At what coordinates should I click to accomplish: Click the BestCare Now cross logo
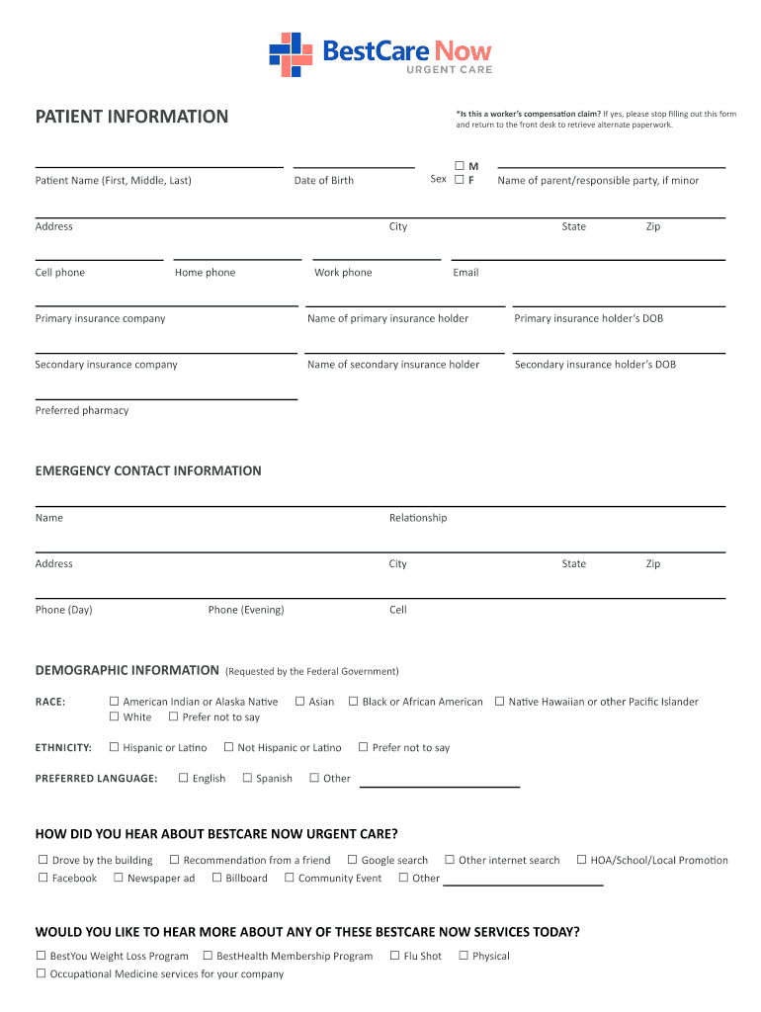(x=292, y=54)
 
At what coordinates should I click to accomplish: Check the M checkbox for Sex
(x=459, y=165)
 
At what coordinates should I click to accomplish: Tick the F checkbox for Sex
(x=459, y=180)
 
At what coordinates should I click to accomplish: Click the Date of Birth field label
(x=323, y=180)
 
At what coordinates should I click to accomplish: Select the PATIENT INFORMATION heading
(x=131, y=117)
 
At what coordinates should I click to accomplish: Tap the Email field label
(x=465, y=273)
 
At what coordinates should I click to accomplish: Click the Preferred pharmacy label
(x=82, y=410)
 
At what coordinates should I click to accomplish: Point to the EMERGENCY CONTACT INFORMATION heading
(x=148, y=470)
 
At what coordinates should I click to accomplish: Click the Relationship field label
(x=418, y=518)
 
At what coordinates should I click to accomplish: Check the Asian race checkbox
(x=299, y=702)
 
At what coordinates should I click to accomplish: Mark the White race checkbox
(x=114, y=717)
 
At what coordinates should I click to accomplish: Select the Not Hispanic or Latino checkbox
(x=228, y=747)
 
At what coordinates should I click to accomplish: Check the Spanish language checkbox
(x=247, y=778)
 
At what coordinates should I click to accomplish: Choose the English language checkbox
(x=183, y=778)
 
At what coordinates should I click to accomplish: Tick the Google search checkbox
(x=352, y=860)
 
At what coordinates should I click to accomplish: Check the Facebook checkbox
(x=42, y=878)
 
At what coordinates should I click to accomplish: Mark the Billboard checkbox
(x=216, y=878)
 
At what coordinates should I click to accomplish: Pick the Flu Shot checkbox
(x=394, y=956)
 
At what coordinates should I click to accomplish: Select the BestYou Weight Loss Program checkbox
(x=41, y=956)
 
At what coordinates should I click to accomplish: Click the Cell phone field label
(x=60, y=273)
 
